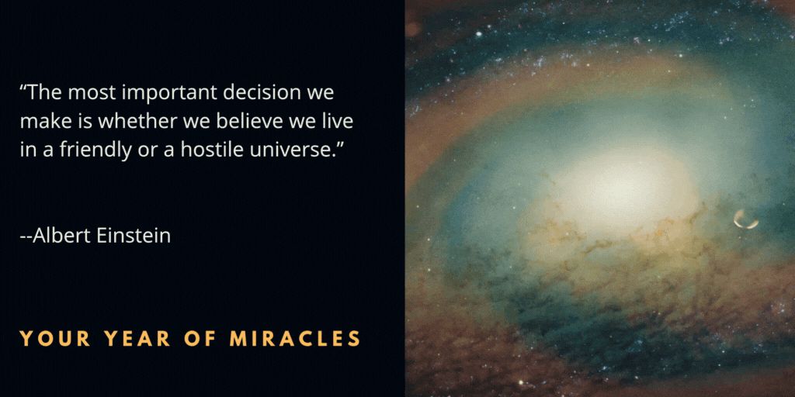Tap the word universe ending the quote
pyautogui.click(x=297, y=150)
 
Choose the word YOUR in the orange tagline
pyautogui.click(x=47, y=339)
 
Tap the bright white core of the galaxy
pyautogui.click(x=613, y=186)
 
